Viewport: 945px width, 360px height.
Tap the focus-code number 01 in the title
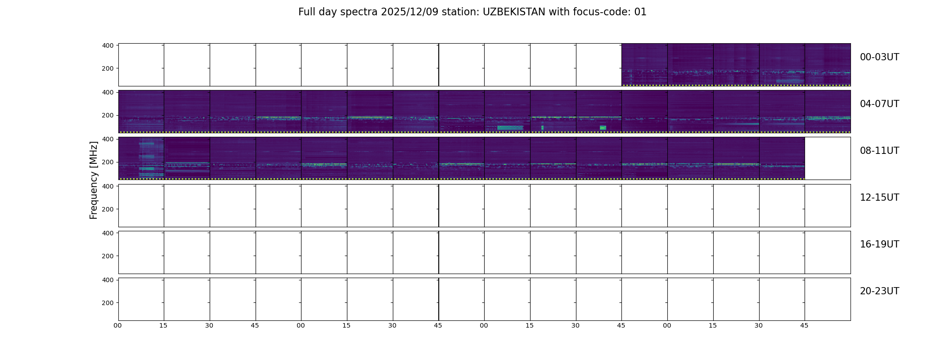coord(640,12)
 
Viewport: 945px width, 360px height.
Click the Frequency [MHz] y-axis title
coord(94,180)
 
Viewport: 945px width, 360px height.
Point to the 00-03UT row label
coord(879,57)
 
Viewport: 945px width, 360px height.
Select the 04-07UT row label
coord(879,104)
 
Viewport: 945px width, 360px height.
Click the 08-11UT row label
coord(879,151)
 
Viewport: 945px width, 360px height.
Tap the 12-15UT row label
coord(879,198)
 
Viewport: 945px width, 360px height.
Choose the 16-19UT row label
coord(879,244)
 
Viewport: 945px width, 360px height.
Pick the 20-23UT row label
coord(879,291)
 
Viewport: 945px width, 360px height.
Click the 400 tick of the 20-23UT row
coord(108,280)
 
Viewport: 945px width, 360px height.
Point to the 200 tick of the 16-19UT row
coord(108,256)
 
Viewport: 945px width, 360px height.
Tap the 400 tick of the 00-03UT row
coord(108,45)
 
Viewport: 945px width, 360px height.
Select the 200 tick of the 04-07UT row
coord(108,116)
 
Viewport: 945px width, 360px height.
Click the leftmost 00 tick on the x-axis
coord(118,325)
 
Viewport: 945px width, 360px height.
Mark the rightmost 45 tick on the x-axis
coord(805,325)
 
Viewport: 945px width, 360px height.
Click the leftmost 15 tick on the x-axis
coord(163,325)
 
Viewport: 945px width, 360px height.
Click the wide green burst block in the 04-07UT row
coord(510,128)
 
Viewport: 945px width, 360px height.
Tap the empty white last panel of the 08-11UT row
coord(828,158)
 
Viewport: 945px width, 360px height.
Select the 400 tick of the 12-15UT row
coord(108,186)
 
